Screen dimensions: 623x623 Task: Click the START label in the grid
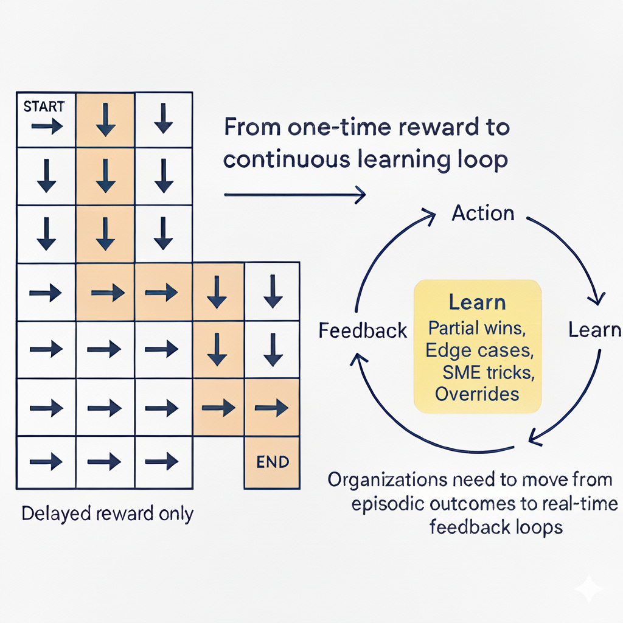44,106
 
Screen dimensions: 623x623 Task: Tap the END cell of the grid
272,462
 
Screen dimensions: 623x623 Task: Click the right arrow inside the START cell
47,127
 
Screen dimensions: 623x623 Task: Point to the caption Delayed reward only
107,513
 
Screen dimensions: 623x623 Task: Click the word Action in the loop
482,213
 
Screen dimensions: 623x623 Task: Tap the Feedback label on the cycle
363,330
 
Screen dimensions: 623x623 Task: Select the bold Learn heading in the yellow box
477,302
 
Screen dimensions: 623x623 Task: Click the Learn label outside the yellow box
594,330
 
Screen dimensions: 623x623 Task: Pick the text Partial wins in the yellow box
477,328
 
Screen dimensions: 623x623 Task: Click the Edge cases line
477,350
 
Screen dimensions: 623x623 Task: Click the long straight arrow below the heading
295,195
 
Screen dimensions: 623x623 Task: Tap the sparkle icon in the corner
589,589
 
